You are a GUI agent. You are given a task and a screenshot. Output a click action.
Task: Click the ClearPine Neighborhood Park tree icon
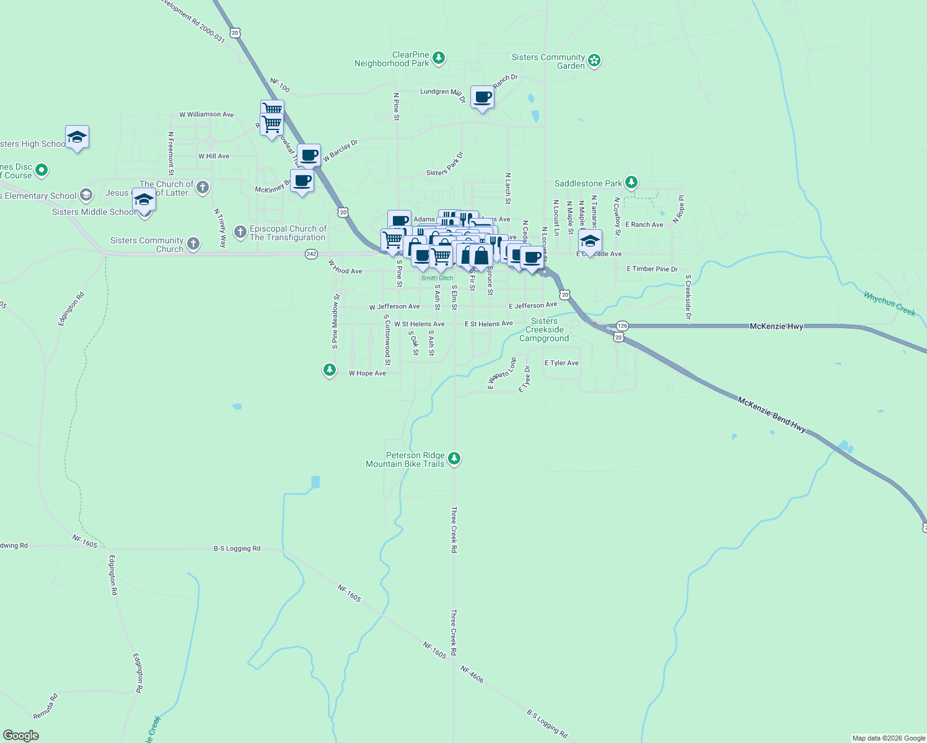pyautogui.click(x=439, y=58)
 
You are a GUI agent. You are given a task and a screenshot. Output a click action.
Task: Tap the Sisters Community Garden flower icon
pyautogui.click(x=594, y=61)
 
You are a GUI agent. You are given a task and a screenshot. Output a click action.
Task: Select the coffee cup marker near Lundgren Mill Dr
pyautogui.click(x=482, y=98)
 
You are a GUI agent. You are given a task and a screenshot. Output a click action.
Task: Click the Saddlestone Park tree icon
pyautogui.click(x=631, y=182)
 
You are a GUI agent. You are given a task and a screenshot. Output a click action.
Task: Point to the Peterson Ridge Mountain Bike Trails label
pyautogui.click(x=405, y=459)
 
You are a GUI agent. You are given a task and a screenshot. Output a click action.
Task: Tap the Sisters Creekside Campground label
pyautogui.click(x=544, y=329)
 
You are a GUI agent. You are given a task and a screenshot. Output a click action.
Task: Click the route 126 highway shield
pyautogui.click(x=622, y=326)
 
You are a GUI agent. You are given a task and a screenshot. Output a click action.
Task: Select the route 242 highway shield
pyautogui.click(x=311, y=254)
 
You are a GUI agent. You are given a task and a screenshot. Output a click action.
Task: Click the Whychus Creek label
pyautogui.click(x=889, y=304)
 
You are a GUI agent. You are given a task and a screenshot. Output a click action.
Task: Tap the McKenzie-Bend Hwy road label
pyautogui.click(x=771, y=415)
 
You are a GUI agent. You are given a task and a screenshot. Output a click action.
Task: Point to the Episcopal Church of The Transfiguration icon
pyautogui.click(x=240, y=232)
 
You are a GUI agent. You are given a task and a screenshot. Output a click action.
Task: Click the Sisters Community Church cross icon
pyautogui.click(x=193, y=244)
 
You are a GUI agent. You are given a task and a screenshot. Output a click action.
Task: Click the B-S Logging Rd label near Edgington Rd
pyautogui.click(x=237, y=549)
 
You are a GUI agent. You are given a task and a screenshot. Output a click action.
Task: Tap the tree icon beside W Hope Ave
pyautogui.click(x=330, y=370)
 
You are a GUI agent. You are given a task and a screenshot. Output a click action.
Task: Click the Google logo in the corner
pyautogui.click(x=21, y=736)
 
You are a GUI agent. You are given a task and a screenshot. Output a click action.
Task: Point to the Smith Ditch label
pyautogui.click(x=437, y=278)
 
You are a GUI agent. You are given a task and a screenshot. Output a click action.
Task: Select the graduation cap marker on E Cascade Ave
pyautogui.click(x=590, y=241)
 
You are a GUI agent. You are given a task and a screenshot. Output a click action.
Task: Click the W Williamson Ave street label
pyautogui.click(x=206, y=115)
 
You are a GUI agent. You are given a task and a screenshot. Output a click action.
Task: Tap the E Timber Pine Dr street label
pyautogui.click(x=652, y=269)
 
